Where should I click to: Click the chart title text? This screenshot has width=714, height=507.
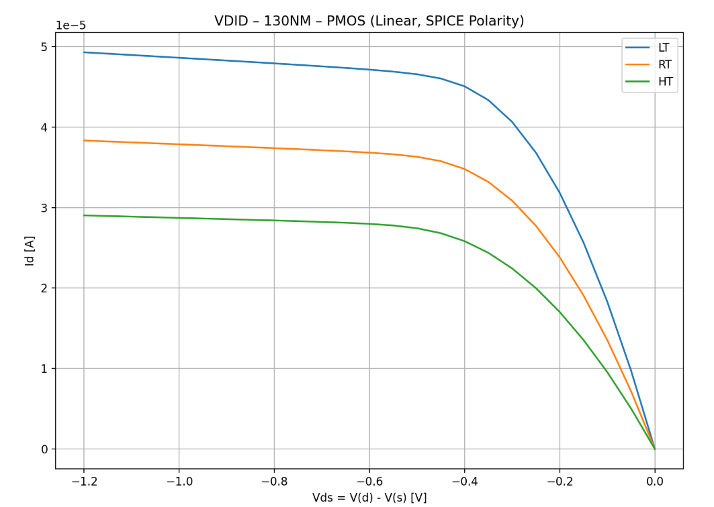(x=369, y=21)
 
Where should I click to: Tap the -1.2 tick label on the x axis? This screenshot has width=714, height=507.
(x=83, y=481)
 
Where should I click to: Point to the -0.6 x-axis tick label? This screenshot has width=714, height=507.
(x=369, y=481)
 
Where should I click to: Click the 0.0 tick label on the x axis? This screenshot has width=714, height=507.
(x=655, y=481)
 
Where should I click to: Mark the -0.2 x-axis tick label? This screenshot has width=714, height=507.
(x=559, y=481)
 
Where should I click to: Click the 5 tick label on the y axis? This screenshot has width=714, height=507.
(x=44, y=47)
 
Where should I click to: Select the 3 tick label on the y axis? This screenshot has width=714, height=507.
(x=44, y=208)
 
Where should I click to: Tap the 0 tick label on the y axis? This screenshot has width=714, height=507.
(x=44, y=449)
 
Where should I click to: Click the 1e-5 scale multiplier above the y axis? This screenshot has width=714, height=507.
(x=71, y=25)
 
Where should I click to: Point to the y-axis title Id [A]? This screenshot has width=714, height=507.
(x=30, y=250)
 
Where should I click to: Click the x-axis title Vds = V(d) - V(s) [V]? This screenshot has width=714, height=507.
(x=369, y=498)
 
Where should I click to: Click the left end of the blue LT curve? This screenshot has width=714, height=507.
(x=84, y=52)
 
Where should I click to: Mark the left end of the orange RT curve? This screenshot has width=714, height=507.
(x=84, y=140)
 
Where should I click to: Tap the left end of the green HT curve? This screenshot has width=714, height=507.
(x=84, y=215)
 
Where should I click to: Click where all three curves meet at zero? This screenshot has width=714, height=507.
(x=655, y=449)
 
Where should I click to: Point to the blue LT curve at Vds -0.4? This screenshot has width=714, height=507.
(x=464, y=86)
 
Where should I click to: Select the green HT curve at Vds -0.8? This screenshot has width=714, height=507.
(x=274, y=220)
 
